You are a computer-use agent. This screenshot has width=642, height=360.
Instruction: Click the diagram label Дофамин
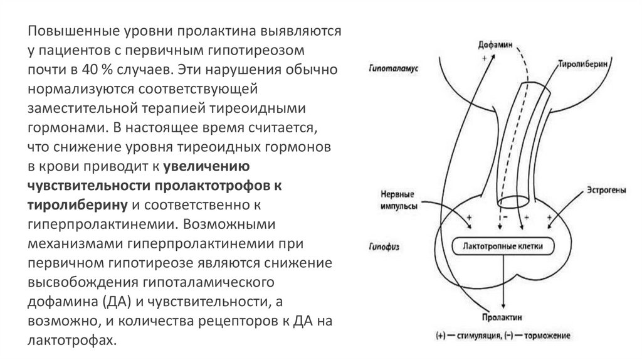pyautogui.click(x=487, y=46)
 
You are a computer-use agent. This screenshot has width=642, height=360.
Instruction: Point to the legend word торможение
pyautogui.click(x=546, y=337)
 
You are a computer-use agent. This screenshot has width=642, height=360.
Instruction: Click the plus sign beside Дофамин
pyautogui.click(x=484, y=57)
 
